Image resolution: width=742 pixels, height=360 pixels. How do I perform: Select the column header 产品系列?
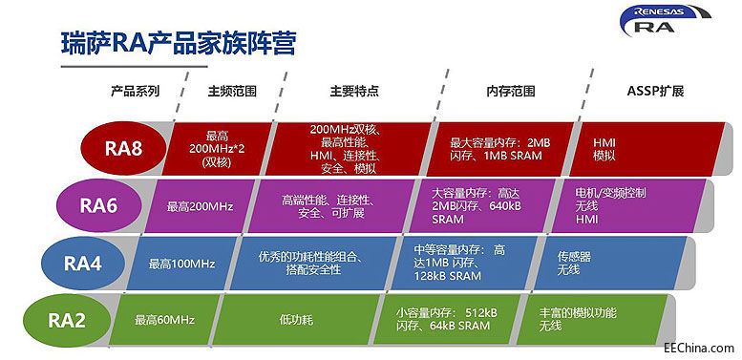tap(134, 92)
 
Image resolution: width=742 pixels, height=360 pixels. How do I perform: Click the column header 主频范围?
tap(231, 92)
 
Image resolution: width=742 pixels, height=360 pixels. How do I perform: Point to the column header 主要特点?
tap(354, 92)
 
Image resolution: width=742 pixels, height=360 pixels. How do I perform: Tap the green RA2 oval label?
tap(69, 320)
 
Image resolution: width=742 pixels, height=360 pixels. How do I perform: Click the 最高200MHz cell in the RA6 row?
tap(200, 205)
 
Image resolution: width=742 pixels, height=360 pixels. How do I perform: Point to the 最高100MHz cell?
tap(182, 264)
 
